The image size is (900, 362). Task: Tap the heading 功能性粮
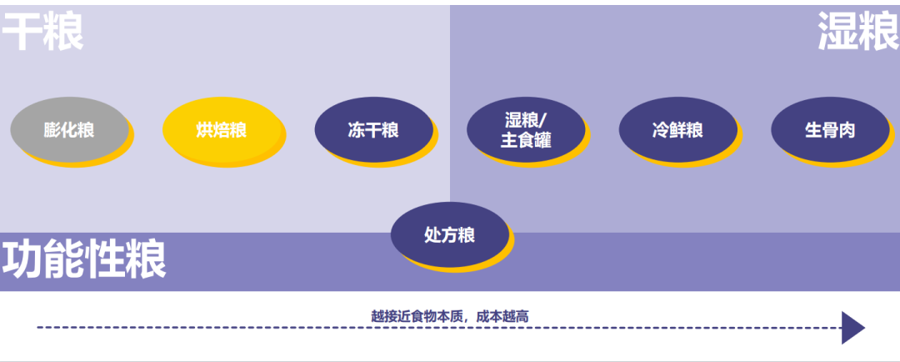coord(84,259)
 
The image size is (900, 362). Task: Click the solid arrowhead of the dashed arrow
coord(852,328)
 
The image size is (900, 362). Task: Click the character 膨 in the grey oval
coord(52,130)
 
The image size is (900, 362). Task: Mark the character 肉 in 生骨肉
coord(847,130)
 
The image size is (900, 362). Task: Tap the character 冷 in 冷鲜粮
coord(661,130)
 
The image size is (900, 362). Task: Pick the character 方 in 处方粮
coord(450,235)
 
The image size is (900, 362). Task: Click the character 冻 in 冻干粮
coord(357,130)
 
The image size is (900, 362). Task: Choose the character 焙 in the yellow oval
coord(221,130)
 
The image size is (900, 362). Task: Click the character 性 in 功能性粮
coord(105,259)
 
